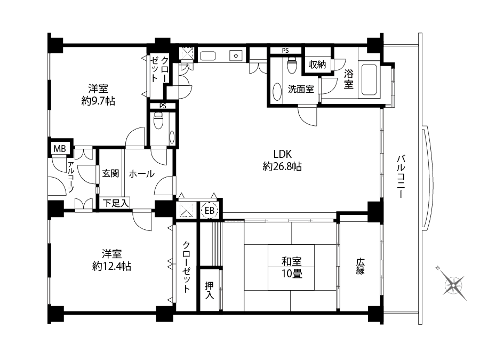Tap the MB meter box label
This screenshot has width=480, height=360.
pos(60,149)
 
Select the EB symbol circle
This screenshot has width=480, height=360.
pos(210,211)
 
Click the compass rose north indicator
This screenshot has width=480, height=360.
pos(438,268)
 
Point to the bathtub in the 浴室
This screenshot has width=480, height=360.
pos(369,79)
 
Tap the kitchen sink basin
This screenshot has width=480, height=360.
pos(208,56)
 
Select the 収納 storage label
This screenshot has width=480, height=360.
pos(317,65)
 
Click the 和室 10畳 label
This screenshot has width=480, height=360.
pos(292,267)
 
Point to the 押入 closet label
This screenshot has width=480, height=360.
pos(210,290)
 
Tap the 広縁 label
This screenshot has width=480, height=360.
pos(360,266)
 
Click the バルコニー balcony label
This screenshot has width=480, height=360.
pos(401,177)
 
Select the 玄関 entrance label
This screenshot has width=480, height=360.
pos(110,173)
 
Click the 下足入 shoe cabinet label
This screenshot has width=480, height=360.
pos(115,203)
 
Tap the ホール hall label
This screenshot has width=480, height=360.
pos(142,174)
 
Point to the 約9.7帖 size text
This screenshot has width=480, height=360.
pos(98,101)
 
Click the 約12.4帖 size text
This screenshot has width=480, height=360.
pos(111,266)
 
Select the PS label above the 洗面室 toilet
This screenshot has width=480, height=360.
pos(285,51)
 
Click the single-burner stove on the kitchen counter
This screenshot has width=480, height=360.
pos(236,56)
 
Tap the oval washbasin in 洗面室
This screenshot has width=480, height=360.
pos(277,92)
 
